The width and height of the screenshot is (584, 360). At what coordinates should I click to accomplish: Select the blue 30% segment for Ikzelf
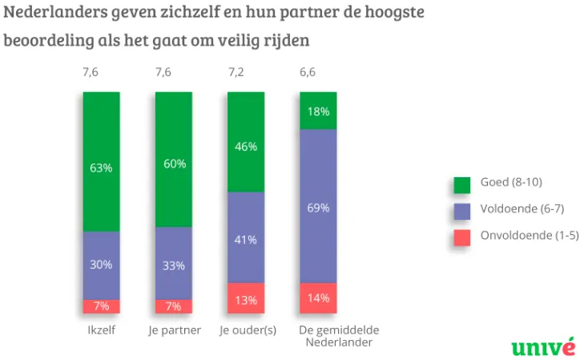click(101, 265)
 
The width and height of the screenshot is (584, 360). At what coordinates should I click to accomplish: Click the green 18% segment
click(319, 111)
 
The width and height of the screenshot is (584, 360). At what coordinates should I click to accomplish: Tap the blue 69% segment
click(319, 206)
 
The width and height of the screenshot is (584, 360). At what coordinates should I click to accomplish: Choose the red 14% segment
click(319, 298)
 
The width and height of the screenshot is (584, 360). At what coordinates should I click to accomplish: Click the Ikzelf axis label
click(101, 330)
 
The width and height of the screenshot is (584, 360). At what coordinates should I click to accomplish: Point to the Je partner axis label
click(174, 330)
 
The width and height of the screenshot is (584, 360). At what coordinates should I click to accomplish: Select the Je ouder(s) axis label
click(247, 330)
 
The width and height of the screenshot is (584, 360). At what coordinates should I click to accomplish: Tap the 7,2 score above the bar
click(236, 72)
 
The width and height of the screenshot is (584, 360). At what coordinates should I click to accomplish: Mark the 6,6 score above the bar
click(308, 72)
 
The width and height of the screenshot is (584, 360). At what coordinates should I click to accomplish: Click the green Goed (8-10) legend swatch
click(461, 185)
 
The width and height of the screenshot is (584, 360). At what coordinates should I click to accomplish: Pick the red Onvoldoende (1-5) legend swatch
click(461, 238)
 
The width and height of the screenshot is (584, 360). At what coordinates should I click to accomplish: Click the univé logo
click(543, 346)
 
